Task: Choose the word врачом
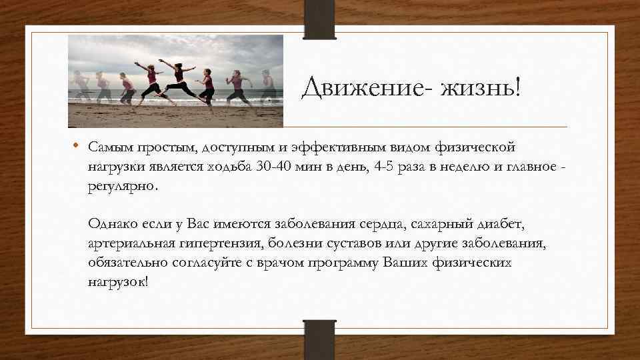[x=281, y=262]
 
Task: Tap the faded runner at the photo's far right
[x=269, y=89]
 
